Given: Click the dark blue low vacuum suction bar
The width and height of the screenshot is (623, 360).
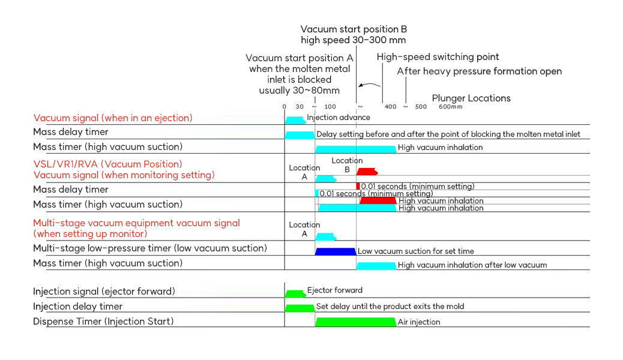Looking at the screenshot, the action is point(336,251).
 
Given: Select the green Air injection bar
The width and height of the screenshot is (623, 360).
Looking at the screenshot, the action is point(355,322).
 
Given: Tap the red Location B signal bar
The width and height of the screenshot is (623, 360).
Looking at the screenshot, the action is point(367,172).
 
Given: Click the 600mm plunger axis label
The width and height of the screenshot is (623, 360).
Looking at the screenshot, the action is point(451,106).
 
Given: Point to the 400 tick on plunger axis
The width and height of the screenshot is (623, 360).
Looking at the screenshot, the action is point(390,106).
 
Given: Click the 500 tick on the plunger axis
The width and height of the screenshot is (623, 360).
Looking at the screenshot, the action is point(421,106).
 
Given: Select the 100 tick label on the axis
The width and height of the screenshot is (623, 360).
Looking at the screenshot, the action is point(330,106).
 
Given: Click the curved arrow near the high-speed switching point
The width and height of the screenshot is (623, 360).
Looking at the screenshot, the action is point(369,85).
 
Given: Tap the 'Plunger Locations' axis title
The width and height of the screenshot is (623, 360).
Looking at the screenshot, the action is point(471,98).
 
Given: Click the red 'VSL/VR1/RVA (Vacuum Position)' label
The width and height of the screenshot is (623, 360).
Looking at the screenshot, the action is point(107,164).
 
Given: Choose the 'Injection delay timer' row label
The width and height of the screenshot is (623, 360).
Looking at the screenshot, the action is point(77,307).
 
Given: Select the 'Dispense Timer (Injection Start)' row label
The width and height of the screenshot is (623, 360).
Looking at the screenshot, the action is point(103,322).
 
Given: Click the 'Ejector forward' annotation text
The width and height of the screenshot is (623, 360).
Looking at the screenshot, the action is point(334,290).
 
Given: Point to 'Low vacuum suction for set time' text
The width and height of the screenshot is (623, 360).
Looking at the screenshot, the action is point(415,251).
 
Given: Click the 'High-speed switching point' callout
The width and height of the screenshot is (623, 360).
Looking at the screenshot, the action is point(438,57).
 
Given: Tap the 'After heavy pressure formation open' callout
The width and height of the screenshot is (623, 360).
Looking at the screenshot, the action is point(479,71).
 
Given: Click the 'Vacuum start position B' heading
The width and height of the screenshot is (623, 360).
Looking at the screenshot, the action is point(354,29).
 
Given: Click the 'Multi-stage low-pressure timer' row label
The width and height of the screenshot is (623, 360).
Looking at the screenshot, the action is point(150,248).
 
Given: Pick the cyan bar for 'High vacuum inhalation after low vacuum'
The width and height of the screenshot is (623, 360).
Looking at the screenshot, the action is point(376,266).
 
